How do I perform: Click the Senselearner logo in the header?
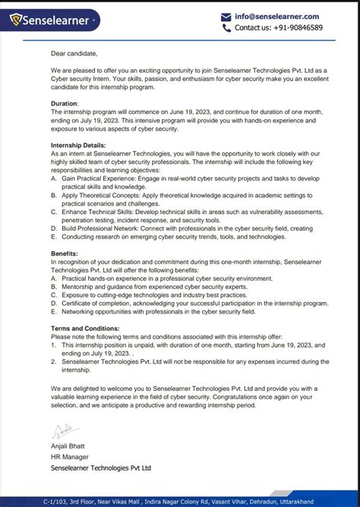[x=50, y=20]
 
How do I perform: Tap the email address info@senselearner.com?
[x=276, y=16]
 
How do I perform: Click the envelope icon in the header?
[x=226, y=17]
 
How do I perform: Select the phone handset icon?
[x=226, y=28]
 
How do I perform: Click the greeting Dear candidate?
[x=74, y=53]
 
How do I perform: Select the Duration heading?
[x=65, y=102]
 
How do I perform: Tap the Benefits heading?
[x=64, y=253]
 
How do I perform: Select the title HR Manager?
[x=70, y=457]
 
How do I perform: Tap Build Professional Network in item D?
[x=106, y=228]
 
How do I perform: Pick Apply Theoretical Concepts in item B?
[x=105, y=195]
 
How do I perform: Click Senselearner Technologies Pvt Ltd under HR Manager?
[x=101, y=468]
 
